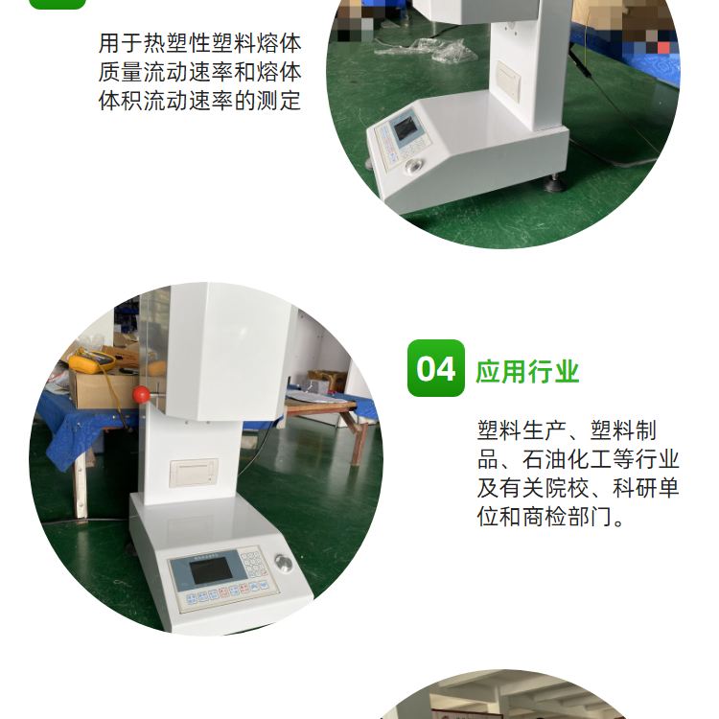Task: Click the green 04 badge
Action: pyautogui.click(x=435, y=368)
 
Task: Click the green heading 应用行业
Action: pyautogui.click(x=527, y=371)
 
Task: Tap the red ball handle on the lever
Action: pyautogui.click(x=141, y=394)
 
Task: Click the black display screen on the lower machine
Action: pyautogui.click(x=212, y=570)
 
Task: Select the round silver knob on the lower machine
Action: pyautogui.click(x=283, y=563)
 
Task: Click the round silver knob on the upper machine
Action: pyautogui.click(x=414, y=167)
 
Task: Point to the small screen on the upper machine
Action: pyautogui.click(x=406, y=128)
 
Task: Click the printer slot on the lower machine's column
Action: pyautogui.click(x=194, y=473)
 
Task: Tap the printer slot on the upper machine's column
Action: pyautogui.click(x=509, y=82)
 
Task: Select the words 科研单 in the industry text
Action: pyautogui.click(x=645, y=488)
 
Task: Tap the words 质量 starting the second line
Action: pyautogui.click(x=121, y=72)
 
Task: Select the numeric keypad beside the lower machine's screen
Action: pyautogui.click(x=253, y=564)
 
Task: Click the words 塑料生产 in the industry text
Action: pyautogui.click(x=522, y=430)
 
